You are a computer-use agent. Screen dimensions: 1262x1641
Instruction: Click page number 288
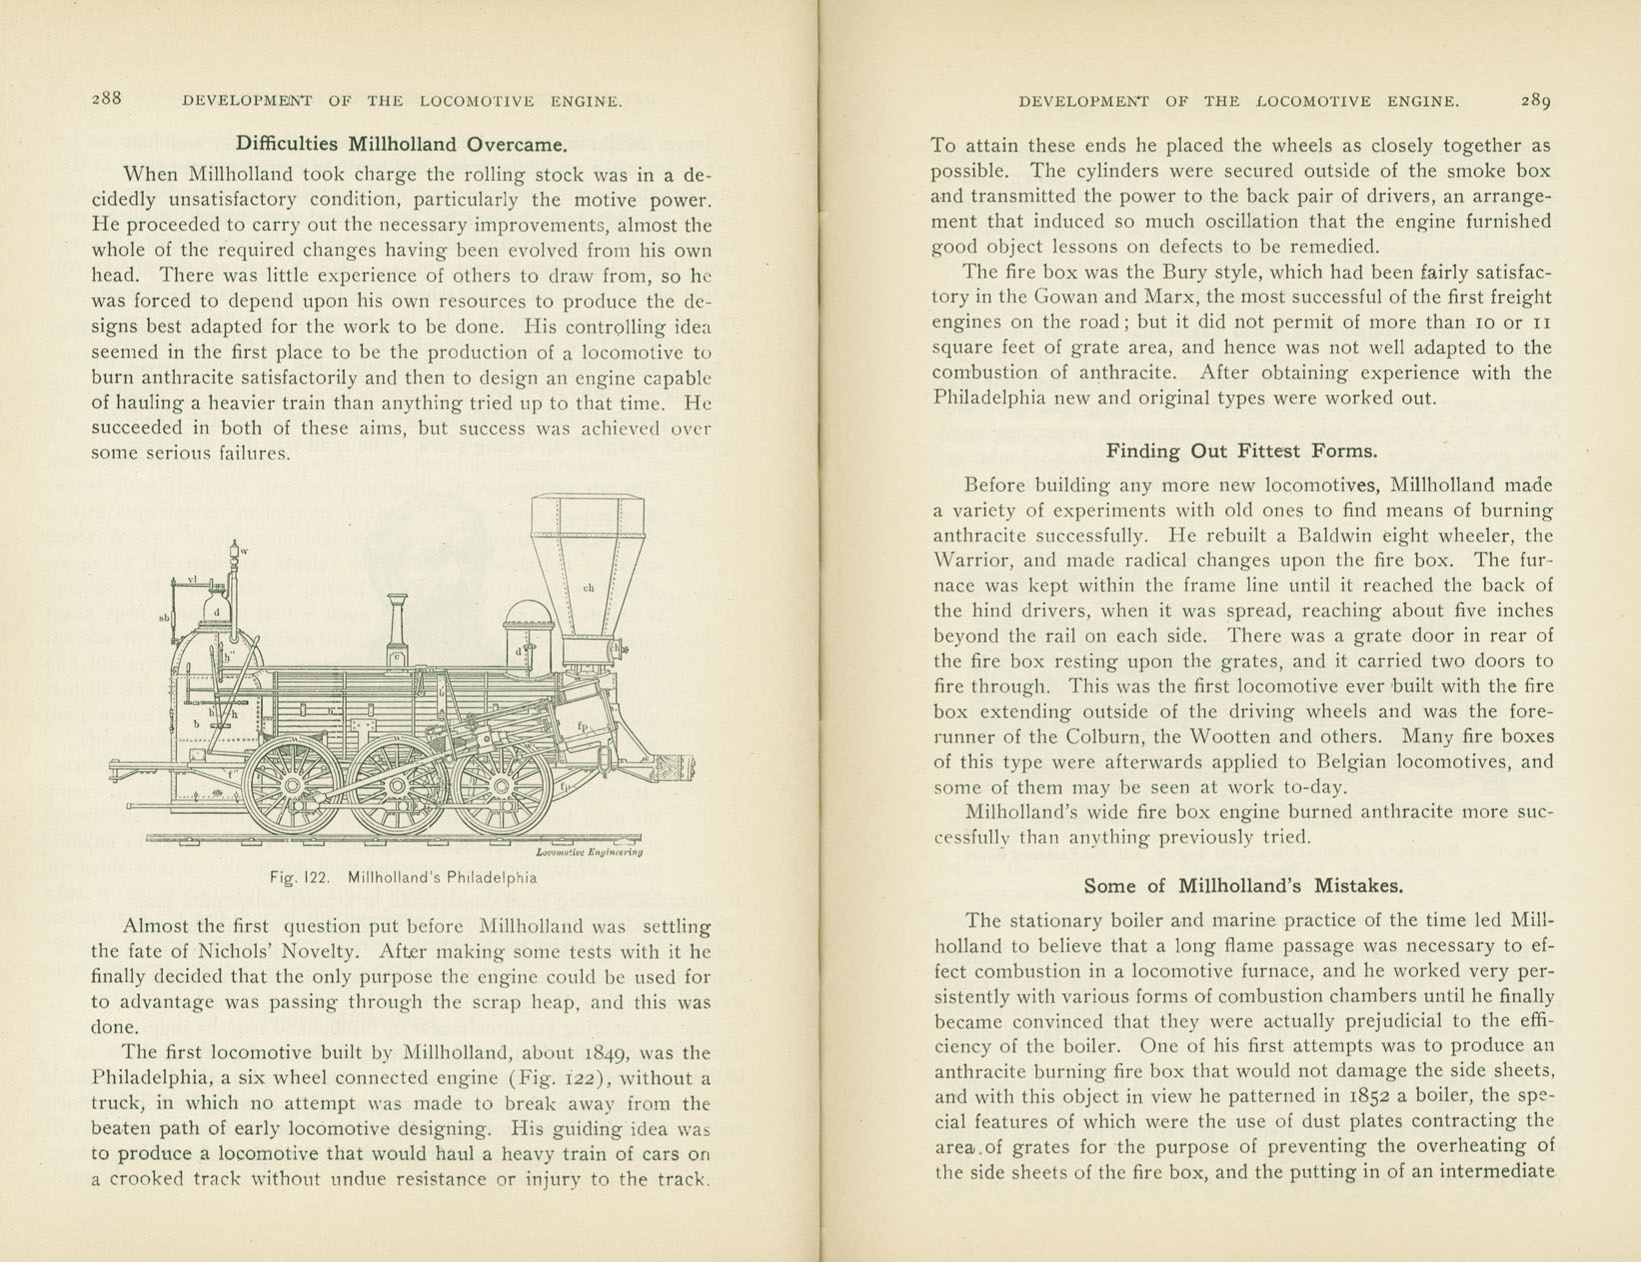[x=107, y=98]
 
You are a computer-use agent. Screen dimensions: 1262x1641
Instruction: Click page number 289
[x=1535, y=100]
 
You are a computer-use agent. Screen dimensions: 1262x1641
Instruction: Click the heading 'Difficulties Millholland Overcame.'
[x=401, y=144]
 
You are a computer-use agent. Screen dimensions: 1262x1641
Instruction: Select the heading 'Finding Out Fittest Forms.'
[x=1241, y=451]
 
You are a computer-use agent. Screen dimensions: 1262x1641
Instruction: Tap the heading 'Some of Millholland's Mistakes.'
[x=1243, y=885]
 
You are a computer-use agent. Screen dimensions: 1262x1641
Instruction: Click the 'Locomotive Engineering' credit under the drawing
[x=589, y=852]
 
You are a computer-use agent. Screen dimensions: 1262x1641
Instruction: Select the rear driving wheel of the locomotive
[x=293, y=785]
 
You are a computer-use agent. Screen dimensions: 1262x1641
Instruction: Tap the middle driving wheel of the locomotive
[x=397, y=786]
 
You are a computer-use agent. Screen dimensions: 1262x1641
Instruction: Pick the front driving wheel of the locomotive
[x=501, y=786]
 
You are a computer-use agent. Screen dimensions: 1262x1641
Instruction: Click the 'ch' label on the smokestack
[x=589, y=588]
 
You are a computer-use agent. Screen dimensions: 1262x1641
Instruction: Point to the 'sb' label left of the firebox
[x=164, y=619]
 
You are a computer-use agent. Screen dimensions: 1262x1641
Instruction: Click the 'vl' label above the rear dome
[x=192, y=579]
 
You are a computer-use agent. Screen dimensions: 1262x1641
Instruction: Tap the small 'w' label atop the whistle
[x=244, y=551]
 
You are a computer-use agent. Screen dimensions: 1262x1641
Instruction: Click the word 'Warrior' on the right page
[x=970, y=560]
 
